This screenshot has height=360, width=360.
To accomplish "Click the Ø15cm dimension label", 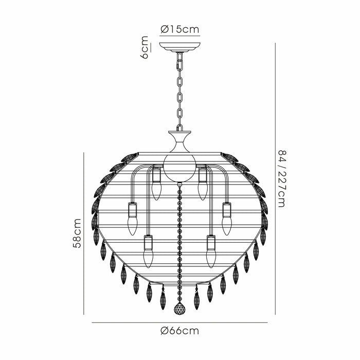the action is tap(180, 29).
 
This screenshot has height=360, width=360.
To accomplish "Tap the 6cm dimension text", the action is tap(145, 47).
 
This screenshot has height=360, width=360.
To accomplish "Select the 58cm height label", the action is tap(77, 233).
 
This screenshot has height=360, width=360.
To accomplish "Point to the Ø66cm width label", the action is tap(180, 331).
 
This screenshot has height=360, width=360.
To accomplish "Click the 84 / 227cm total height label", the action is tap(282, 179).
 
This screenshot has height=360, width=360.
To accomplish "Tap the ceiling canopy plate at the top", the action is tap(180, 47).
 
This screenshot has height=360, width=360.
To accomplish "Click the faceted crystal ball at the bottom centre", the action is tap(180, 308).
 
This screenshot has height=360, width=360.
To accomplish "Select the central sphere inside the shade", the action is tap(180, 168).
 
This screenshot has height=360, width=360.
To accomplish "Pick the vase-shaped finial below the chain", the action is tap(180, 141).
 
